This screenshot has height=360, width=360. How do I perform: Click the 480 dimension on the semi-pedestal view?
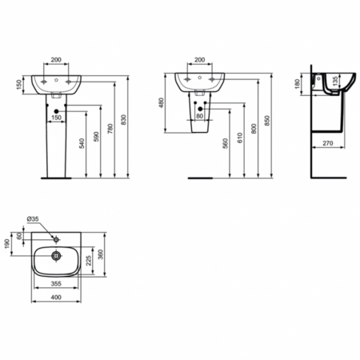pyautogui.click(x=164, y=103)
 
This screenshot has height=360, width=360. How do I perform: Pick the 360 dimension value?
pyautogui.click(x=101, y=254)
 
